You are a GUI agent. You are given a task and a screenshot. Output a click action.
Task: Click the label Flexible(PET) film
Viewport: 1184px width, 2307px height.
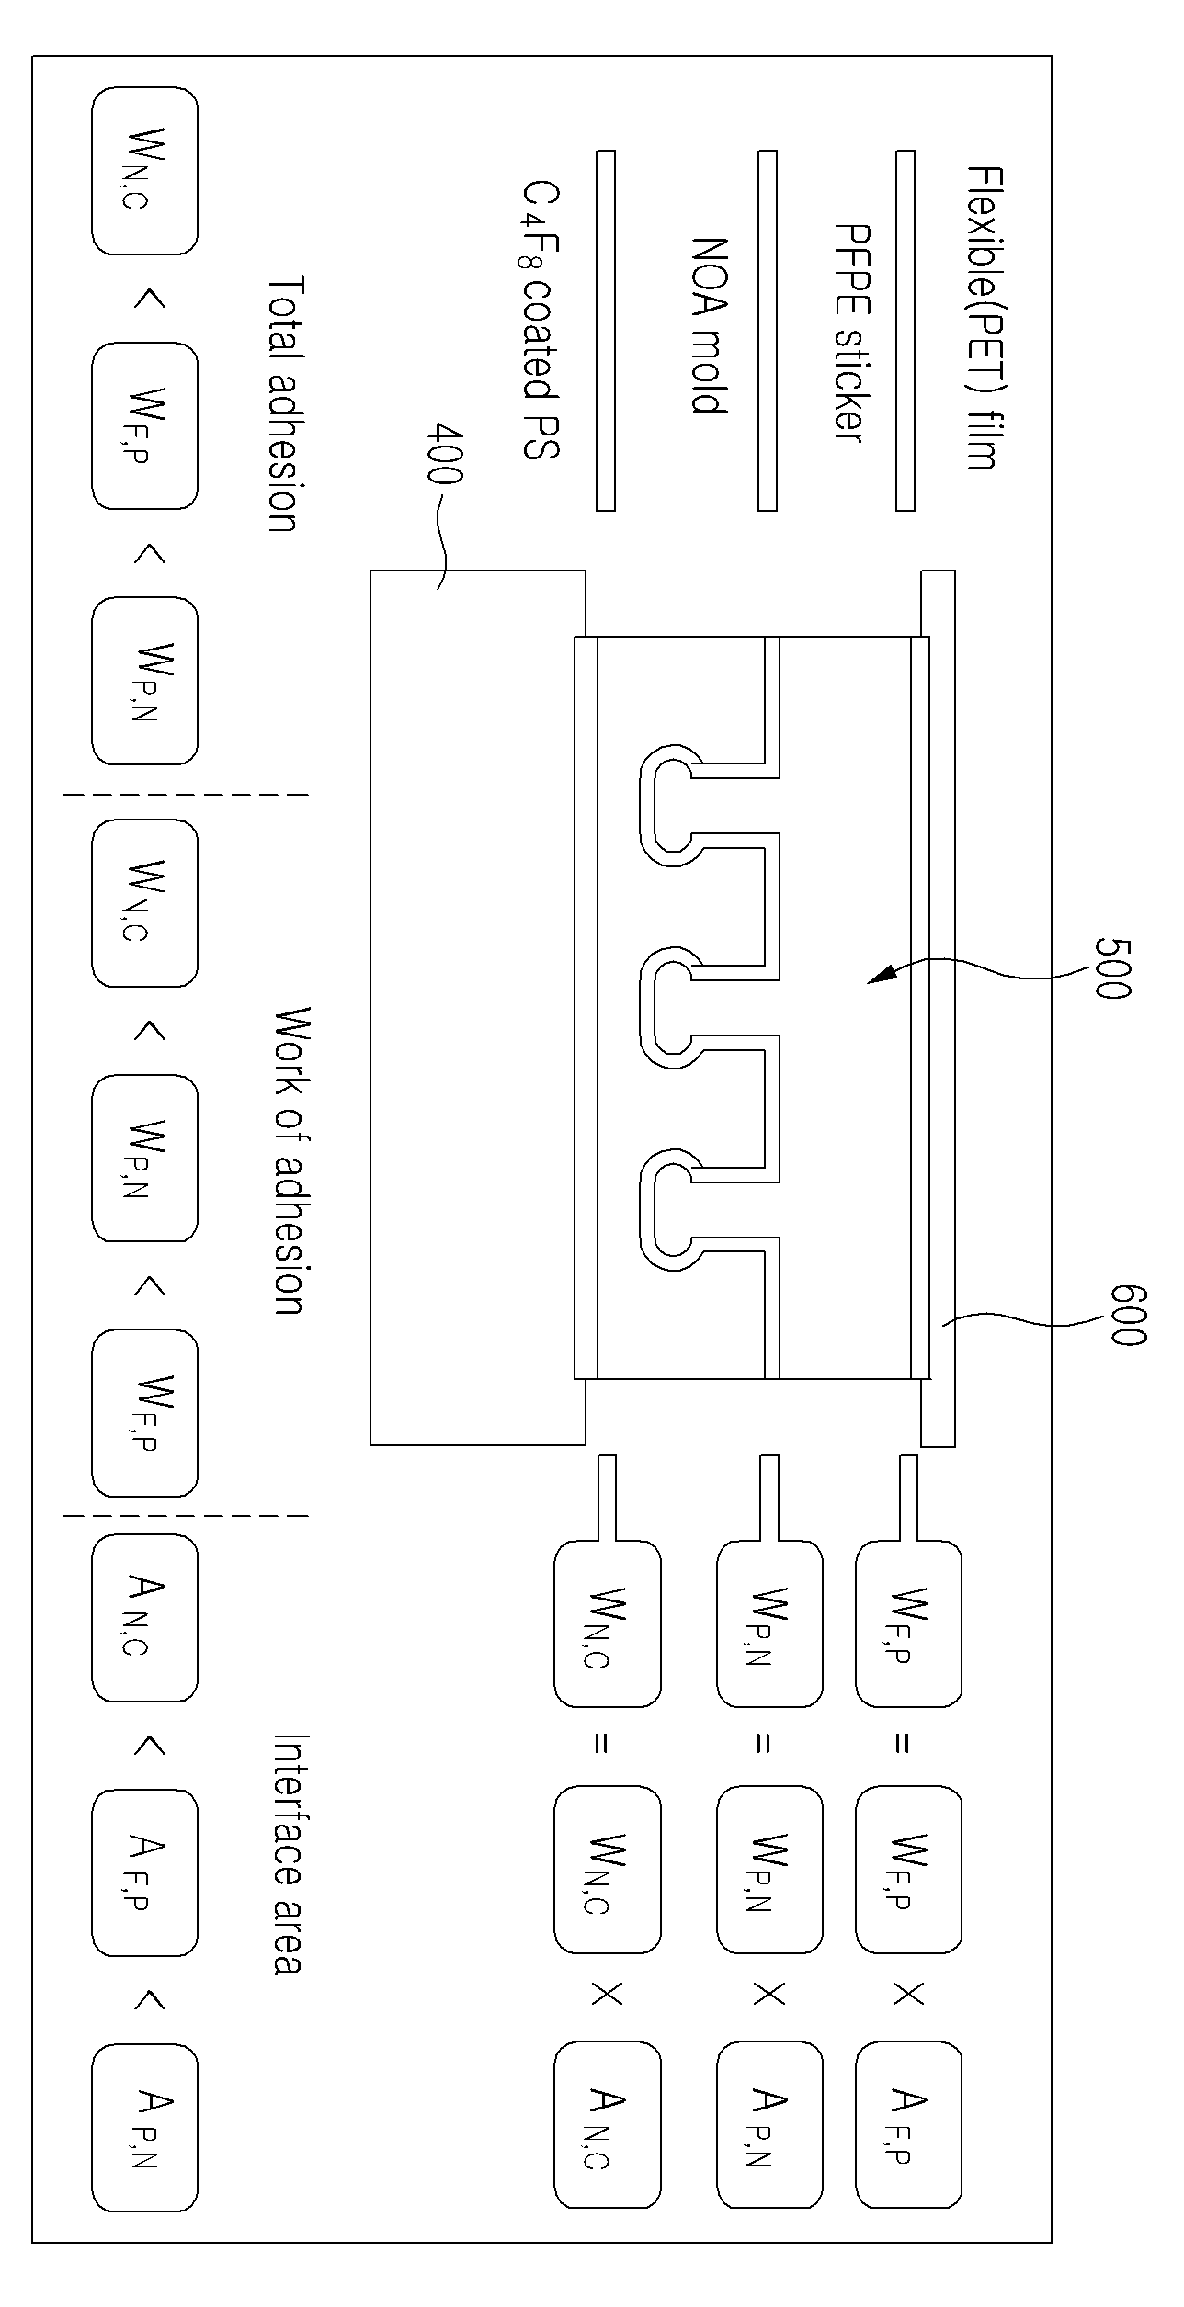coord(982,318)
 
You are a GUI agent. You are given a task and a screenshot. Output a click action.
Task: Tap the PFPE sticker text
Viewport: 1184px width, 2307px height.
coord(850,333)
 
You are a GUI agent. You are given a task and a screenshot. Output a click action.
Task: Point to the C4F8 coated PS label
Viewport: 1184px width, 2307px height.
coord(541,320)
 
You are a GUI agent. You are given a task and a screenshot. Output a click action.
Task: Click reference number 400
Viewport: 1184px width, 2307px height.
coord(446,454)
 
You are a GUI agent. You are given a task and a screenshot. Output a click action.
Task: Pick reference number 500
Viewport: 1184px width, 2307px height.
coord(1112,967)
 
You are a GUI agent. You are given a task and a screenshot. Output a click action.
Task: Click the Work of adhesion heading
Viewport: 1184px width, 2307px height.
coord(293,1160)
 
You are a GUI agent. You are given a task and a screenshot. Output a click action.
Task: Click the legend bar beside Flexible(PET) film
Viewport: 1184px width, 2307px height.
coord(905,330)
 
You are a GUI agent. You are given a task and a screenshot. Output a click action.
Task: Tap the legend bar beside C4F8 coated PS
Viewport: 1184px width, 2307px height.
coord(606,330)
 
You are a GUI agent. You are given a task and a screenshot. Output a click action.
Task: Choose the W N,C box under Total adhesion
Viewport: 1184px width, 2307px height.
coord(145,171)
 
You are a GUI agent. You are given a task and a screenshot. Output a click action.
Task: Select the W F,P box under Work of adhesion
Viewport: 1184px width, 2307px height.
coord(145,1413)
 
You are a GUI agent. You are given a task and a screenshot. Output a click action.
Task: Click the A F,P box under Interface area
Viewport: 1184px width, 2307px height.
coord(145,1872)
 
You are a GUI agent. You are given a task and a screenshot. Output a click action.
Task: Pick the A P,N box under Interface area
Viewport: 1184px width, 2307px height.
coord(145,2128)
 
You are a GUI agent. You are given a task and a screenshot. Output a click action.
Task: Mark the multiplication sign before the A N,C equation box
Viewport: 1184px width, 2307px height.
coord(607,1995)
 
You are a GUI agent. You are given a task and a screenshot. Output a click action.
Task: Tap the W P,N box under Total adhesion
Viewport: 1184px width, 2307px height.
coord(145,681)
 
